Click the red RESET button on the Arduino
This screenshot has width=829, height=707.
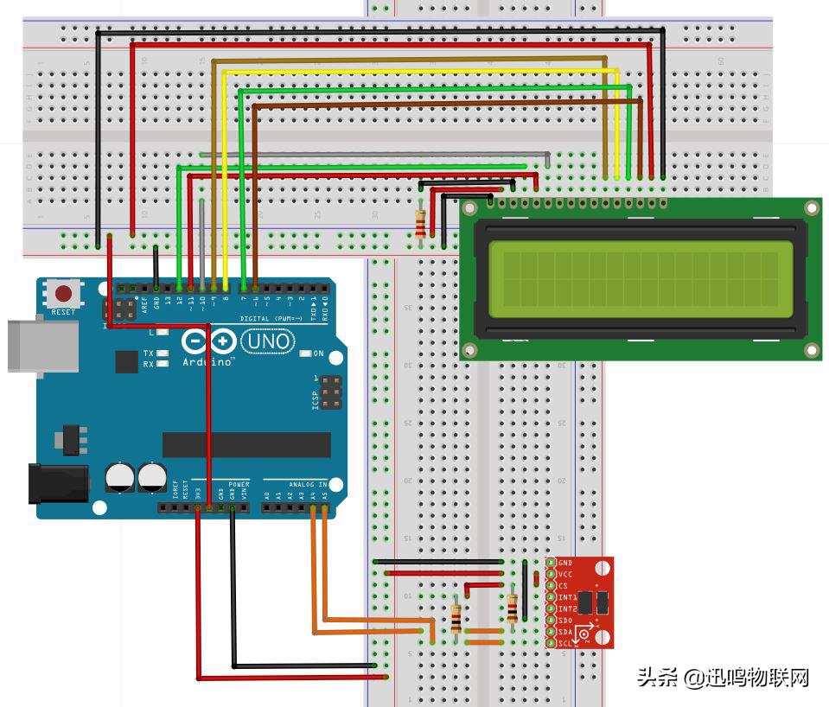coord(63,294)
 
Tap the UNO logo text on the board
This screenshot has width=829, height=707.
coord(267,342)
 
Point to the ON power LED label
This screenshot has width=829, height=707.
coord(318,353)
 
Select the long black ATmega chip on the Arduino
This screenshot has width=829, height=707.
coord(246,444)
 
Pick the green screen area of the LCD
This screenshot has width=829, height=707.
coord(640,278)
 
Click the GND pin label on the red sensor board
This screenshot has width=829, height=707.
coord(565,563)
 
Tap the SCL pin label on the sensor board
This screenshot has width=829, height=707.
coord(564,643)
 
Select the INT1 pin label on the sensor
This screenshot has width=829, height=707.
coord(566,597)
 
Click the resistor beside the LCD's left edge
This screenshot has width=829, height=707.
coord(421,223)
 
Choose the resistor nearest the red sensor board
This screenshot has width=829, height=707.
coord(513,608)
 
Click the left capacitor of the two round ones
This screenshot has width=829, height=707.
coord(120,476)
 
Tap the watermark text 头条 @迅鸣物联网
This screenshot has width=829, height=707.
coord(723,677)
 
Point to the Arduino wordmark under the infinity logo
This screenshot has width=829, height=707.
coord(208,361)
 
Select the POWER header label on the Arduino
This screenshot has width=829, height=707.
coord(239,485)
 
